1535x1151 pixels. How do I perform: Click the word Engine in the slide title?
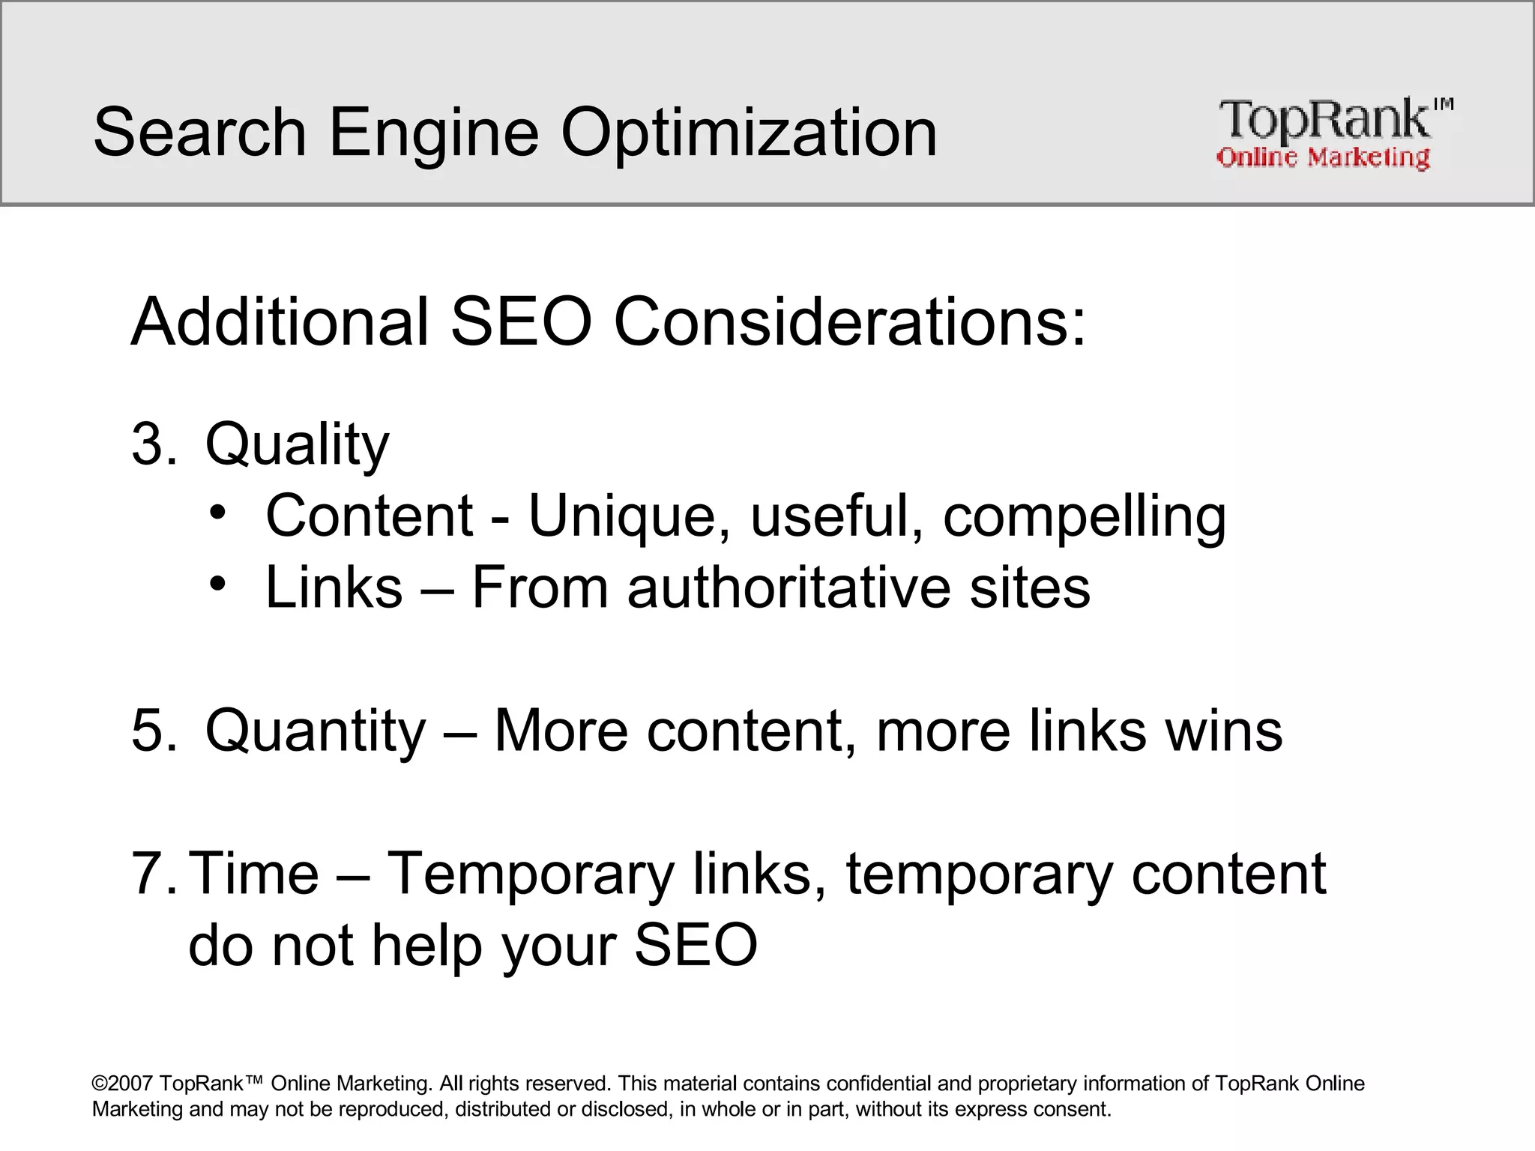point(434,133)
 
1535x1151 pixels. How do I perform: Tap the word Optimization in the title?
point(749,133)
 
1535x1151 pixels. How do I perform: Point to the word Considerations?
point(849,322)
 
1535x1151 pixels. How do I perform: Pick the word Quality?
point(297,444)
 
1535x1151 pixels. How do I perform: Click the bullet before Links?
point(217,585)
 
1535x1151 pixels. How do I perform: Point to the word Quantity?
point(315,730)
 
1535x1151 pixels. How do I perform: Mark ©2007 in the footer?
point(122,1084)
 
